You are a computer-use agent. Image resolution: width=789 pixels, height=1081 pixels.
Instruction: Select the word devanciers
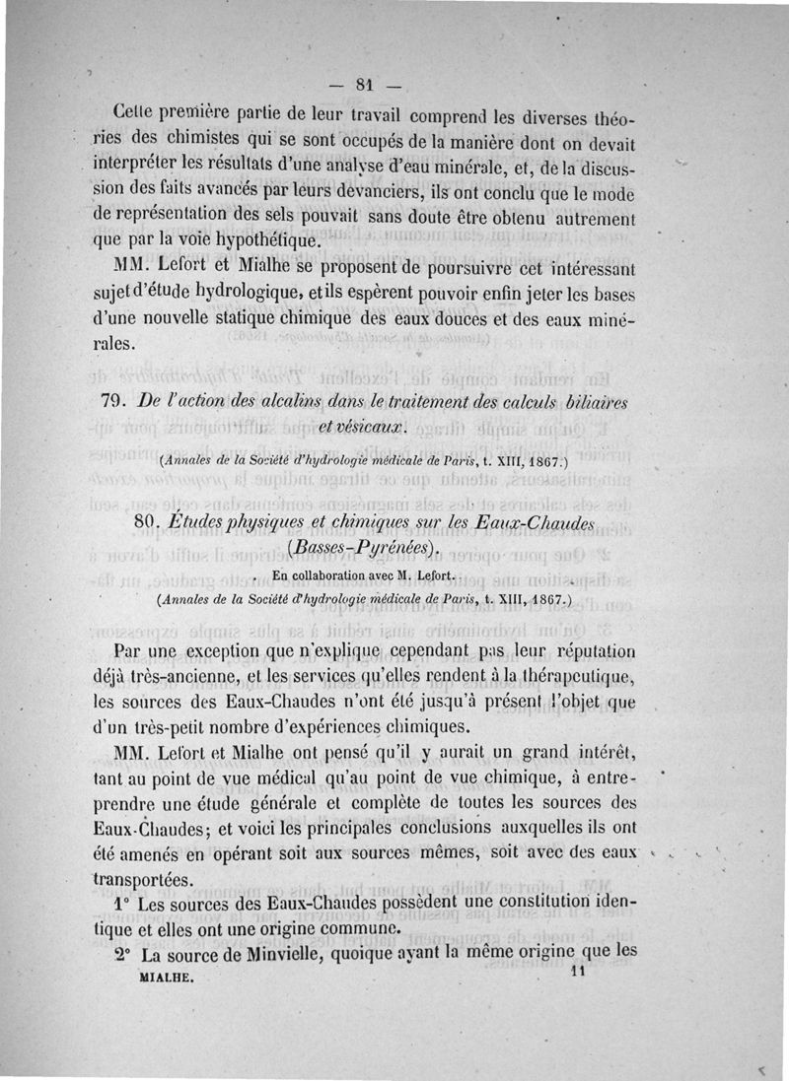coord(381,189)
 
